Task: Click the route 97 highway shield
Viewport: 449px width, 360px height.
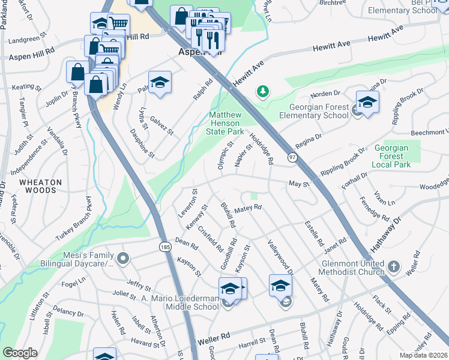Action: pyautogui.click(x=293, y=157)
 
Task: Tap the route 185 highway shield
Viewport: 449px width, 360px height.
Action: pyautogui.click(x=164, y=247)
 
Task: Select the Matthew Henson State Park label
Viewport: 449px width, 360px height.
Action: pyautogui.click(x=225, y=123)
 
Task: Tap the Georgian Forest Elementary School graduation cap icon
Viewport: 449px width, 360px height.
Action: pyautogui.click(x=367, y=102)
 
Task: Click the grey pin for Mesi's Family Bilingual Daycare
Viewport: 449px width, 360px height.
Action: pyautogui.click(x=124, y=259)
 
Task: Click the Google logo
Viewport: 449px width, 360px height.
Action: pyautogui.click(x=20, y=353)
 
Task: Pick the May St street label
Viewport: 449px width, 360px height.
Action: pyautogui.click(x=298, y=184)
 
